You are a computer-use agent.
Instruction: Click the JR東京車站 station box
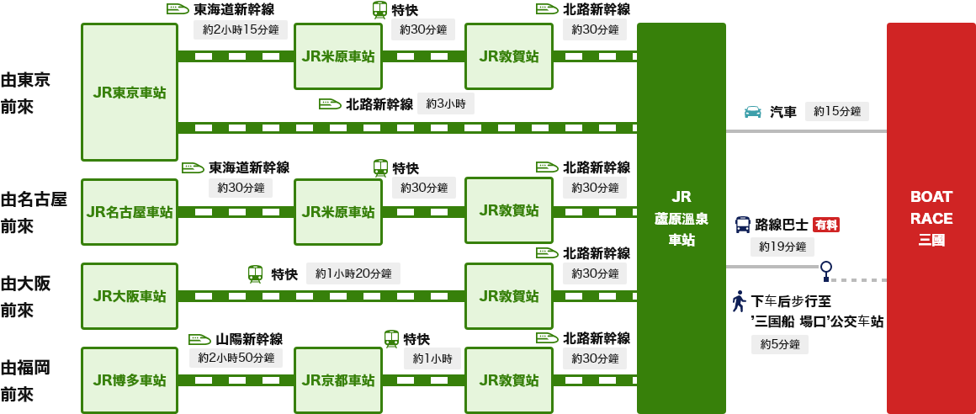(130, 92)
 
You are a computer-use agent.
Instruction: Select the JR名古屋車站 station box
(130, 211)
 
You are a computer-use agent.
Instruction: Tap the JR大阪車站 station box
(130, 295)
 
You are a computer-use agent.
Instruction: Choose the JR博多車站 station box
(130, 379)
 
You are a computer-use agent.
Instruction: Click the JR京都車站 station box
(338, 379)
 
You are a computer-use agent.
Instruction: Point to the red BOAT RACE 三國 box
(931, 218)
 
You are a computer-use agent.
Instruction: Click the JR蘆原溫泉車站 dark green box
(681, 218)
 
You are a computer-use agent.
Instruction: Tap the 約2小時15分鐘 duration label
(241, 29)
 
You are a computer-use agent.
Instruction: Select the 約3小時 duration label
(446, 103)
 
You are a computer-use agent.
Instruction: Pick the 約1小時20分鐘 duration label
(353, 273)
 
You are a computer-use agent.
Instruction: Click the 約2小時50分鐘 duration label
(236, 358)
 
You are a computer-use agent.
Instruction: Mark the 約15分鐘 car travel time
(837, 112)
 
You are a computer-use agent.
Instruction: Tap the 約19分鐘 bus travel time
(782, 247)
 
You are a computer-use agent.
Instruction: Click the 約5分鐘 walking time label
(780, 344)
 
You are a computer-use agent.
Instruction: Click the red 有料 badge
(826, 225)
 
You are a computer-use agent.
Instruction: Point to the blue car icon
(753, 112)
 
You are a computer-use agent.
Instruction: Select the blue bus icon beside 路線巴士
(743, 225)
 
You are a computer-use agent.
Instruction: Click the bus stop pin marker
(826, 268)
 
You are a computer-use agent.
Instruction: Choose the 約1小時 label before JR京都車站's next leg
(432, 358)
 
